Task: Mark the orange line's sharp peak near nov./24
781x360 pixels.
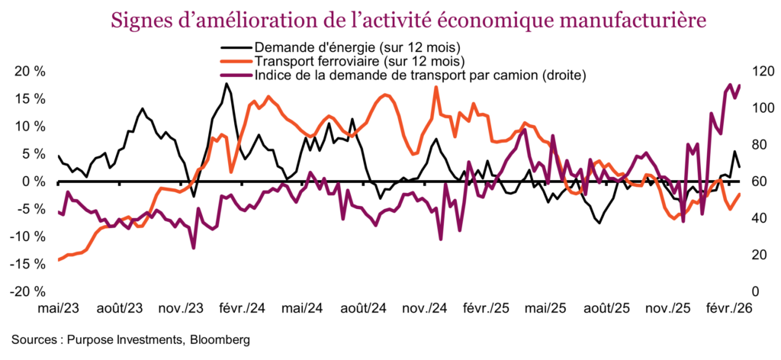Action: coord(436,87)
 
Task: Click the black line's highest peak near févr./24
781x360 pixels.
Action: coord(226,84)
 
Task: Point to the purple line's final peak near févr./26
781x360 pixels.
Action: coord(730,85)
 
